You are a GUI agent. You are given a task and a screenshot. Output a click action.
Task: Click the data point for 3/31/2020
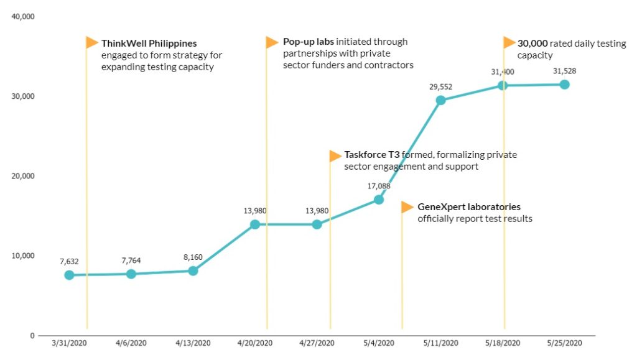69,275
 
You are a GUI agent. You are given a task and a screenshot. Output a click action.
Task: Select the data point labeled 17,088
379,200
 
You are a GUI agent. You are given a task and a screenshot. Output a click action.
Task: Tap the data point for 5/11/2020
441,100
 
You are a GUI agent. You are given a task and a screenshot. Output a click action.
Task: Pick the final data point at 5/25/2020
565,85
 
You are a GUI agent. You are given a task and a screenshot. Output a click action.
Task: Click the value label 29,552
441,87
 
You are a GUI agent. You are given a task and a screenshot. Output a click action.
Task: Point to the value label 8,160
193,257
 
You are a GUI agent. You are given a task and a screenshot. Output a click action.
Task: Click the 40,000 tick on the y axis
23,17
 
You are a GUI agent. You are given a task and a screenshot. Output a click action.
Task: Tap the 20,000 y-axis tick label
23,176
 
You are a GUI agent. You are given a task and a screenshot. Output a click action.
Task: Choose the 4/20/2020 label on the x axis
255,343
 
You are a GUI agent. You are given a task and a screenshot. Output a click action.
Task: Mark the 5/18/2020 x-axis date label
503,343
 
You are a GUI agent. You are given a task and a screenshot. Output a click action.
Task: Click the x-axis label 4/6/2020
131,343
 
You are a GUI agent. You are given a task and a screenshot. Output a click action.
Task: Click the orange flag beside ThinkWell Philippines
92,42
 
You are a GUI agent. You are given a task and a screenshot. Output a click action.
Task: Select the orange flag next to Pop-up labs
272,42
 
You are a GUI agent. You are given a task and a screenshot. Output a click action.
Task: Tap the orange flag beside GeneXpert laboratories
407,207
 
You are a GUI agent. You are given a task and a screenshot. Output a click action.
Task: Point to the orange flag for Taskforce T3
335,155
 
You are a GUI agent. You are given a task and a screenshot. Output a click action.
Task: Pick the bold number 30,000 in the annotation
532,44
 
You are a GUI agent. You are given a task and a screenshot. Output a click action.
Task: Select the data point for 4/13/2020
193,271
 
